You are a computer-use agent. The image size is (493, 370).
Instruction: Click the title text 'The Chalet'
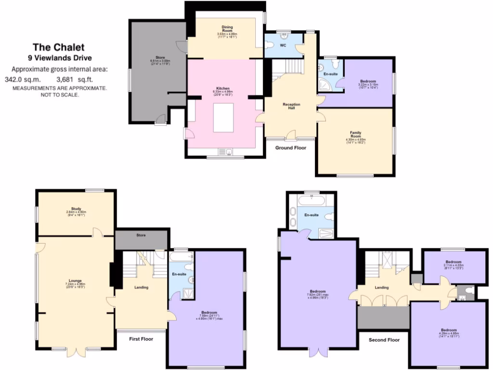tap(58, 47)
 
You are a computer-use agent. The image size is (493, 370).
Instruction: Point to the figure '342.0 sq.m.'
tap(23, 79)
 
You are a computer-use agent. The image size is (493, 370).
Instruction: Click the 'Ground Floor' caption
tap(291, 148)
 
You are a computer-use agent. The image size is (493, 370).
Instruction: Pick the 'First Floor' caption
tap(141, 339)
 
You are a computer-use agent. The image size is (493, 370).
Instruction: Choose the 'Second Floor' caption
tap(384, 340)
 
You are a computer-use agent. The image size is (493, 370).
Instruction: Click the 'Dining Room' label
tap(227, 29)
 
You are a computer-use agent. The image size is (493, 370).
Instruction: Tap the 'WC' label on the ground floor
tap(283, 45)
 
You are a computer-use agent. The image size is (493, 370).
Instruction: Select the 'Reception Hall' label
tap(292, 106)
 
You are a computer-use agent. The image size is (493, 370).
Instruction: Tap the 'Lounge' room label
tap(75, 281)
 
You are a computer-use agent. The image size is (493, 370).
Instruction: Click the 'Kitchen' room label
tap(222, 89)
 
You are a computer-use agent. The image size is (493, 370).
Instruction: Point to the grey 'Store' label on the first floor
tap(141, 235)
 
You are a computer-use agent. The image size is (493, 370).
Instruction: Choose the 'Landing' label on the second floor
tap(382, 288)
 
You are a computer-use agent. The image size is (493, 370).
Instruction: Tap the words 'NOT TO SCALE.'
tap(60, 95)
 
